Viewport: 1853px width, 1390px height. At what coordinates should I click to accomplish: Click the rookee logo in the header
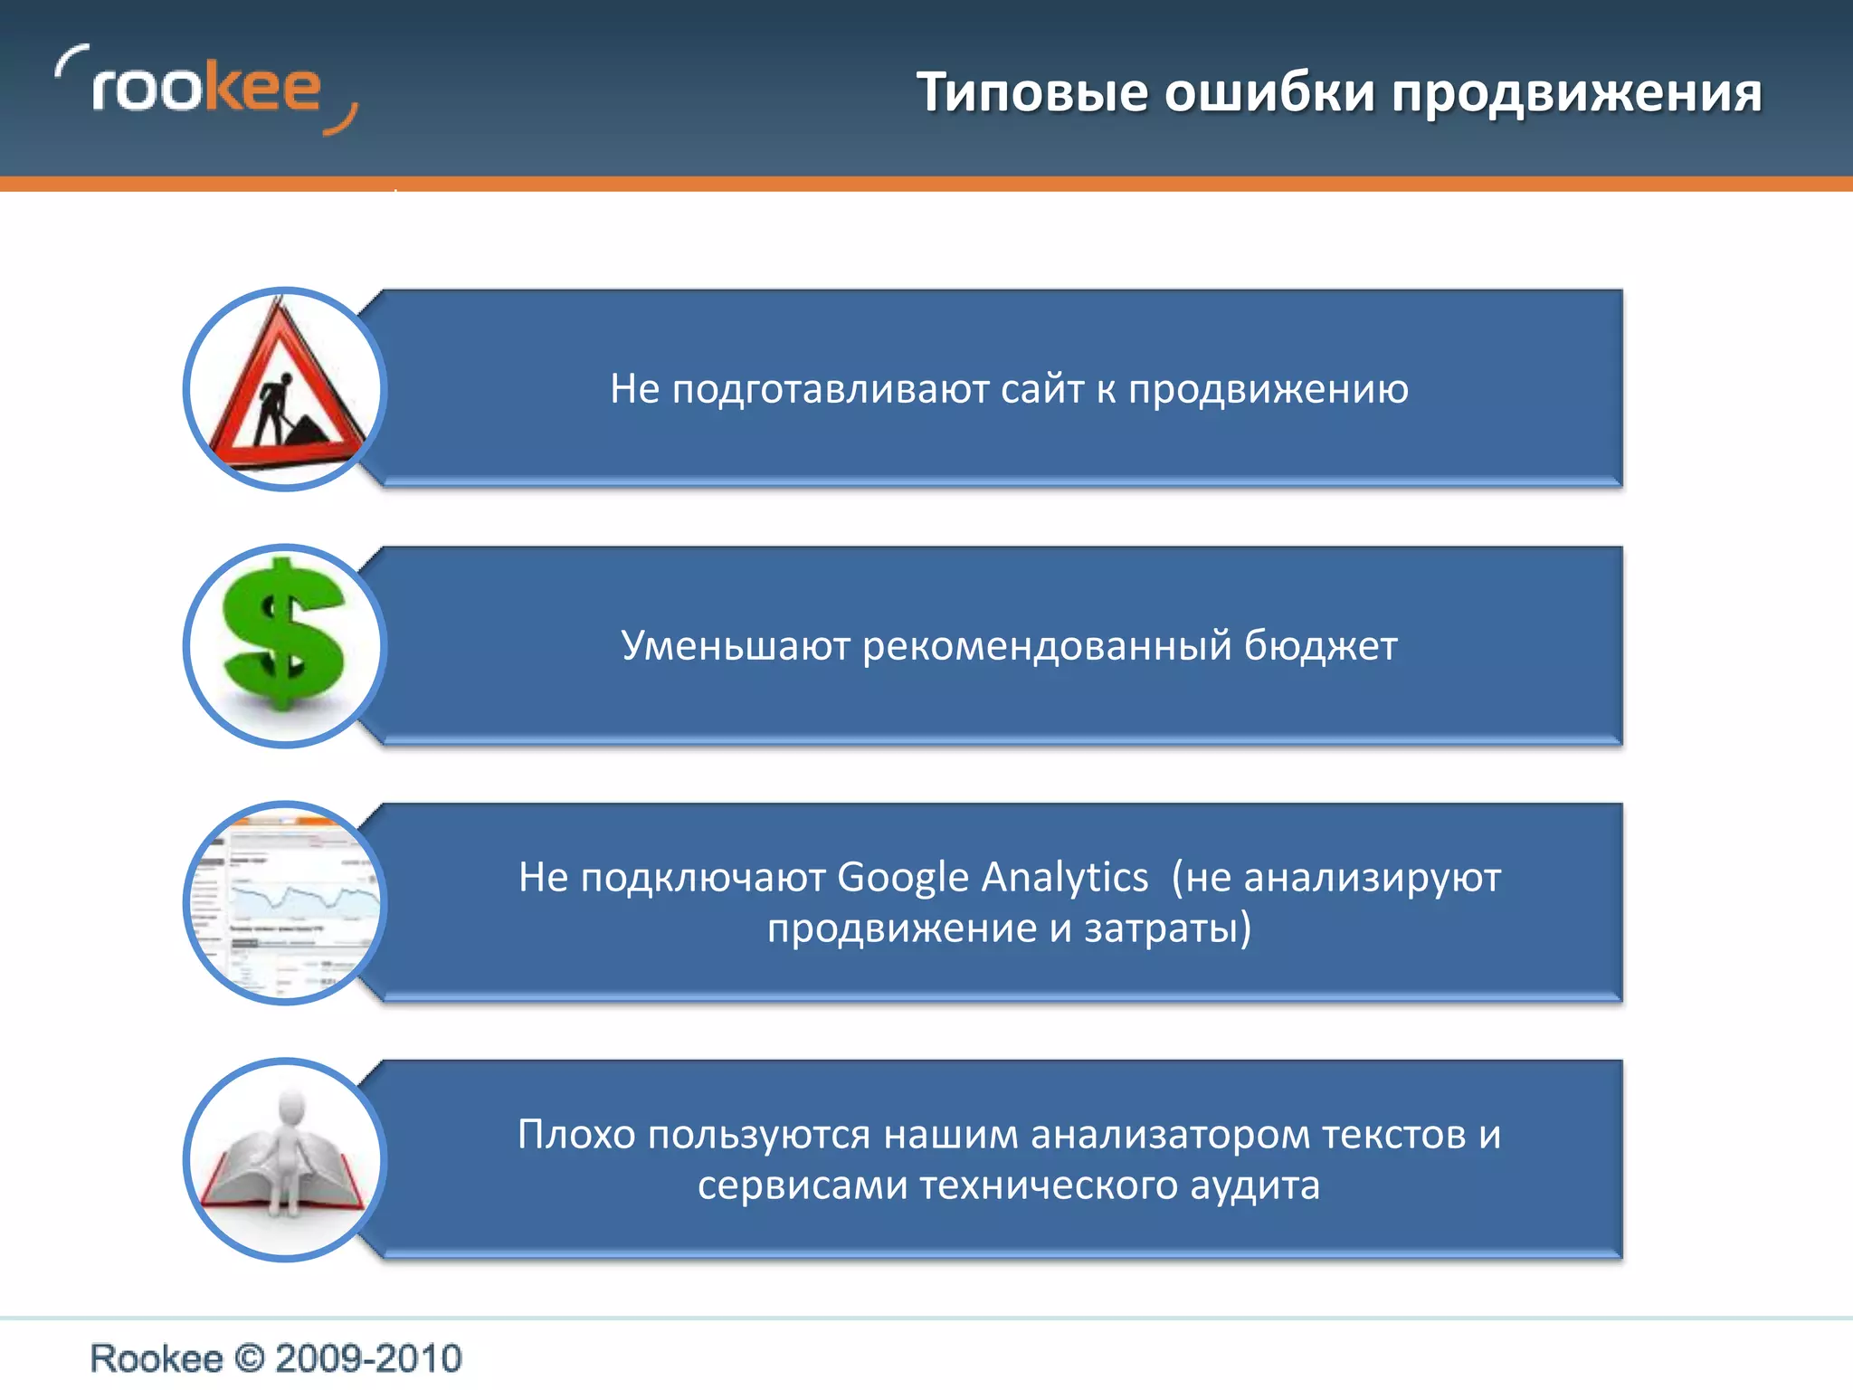[206, 90]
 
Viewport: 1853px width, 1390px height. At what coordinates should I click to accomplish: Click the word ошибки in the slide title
[1269, 93]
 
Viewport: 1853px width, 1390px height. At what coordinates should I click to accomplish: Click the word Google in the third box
[903, 878]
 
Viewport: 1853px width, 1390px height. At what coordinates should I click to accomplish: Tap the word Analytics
[1065, 878]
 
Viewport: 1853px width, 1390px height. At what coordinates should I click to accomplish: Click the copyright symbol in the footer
[249, 1358]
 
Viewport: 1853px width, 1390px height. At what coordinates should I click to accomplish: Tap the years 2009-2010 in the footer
[368, 1358]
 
